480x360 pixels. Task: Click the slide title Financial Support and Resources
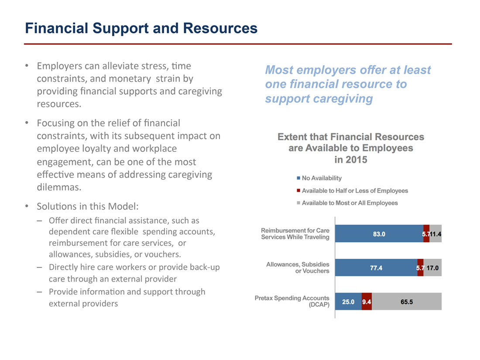pyautogui.click(x=141, y=28)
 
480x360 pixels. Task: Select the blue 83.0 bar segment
pyautogui.click(x=379, y=234)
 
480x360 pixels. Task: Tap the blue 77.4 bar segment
pyautogui.click(x=376, y=268)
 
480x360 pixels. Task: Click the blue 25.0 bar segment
pyautogui.click(x=348, y=302)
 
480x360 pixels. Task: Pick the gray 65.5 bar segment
pyautogui.click(x=406, y=302)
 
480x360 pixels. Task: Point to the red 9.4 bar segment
pyautogui.click(x=367, y=302)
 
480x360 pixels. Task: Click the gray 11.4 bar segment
pyautogui.click(x=435, y=234)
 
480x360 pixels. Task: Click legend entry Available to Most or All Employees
pyautogui.click(x=350, y=203)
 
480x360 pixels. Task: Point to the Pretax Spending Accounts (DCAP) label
pyautogui.click(x=292, y=301)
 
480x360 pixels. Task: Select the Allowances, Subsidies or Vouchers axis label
pyautogui.click(x=298, y=267)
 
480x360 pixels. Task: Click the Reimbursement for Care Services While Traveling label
pyautogui.click(x=295, y=233)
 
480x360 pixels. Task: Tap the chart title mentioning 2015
pyautogui.click(x=351, y=148)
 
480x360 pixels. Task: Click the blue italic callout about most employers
pyautogui.click(x=348, y=84)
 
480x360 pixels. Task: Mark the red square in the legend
pyautogui.click(x=298, y=191)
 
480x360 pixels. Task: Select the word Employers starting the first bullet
pyautogui.click(x=58, y=66)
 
